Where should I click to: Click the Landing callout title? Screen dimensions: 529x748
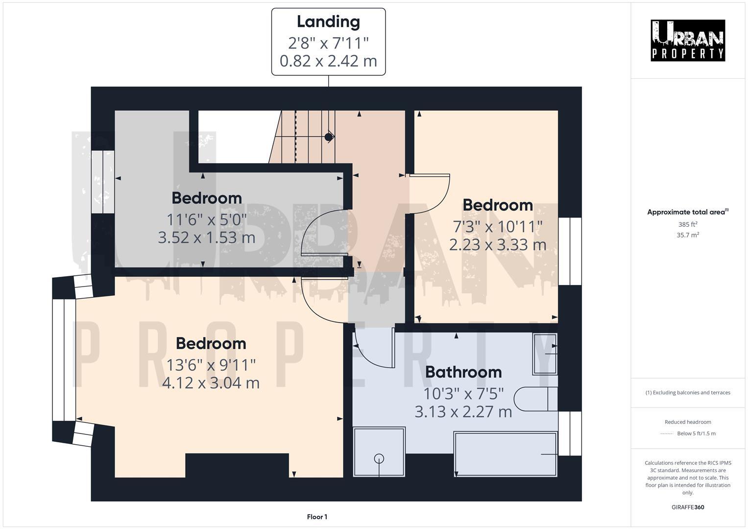[x=328, y=22]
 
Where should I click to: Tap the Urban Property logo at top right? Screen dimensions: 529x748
[x=688, y=41]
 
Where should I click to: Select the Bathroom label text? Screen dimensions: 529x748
[x=463, y=372]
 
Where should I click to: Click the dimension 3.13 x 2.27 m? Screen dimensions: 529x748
[x=463, y=411]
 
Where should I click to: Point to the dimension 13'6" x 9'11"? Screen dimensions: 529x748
[x=211, y=365]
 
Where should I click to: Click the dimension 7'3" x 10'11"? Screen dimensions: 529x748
[x=498, y=226]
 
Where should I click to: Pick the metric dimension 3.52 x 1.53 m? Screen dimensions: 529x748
[x=206, y=238]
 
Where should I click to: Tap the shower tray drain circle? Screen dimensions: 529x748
[x=379, y=458]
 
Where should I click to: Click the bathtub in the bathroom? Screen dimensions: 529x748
[x=506, y=454]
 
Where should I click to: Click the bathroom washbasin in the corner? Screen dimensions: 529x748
[x=545, y=354]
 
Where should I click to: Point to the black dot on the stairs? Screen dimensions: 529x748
[x=329, y=137]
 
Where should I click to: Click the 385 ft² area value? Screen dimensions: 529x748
[x=688, y=224]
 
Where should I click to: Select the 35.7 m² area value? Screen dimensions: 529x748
[x=688, y=235]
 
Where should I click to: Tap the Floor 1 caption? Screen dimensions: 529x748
[x=317, y=517]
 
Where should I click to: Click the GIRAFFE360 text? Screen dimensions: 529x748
[x=688, y=507]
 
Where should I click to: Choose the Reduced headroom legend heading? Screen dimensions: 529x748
[x=688, y=422]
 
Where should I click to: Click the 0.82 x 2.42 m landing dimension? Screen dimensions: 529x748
[x=328, y=61]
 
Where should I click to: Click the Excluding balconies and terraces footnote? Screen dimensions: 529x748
[x=688, y=392]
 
